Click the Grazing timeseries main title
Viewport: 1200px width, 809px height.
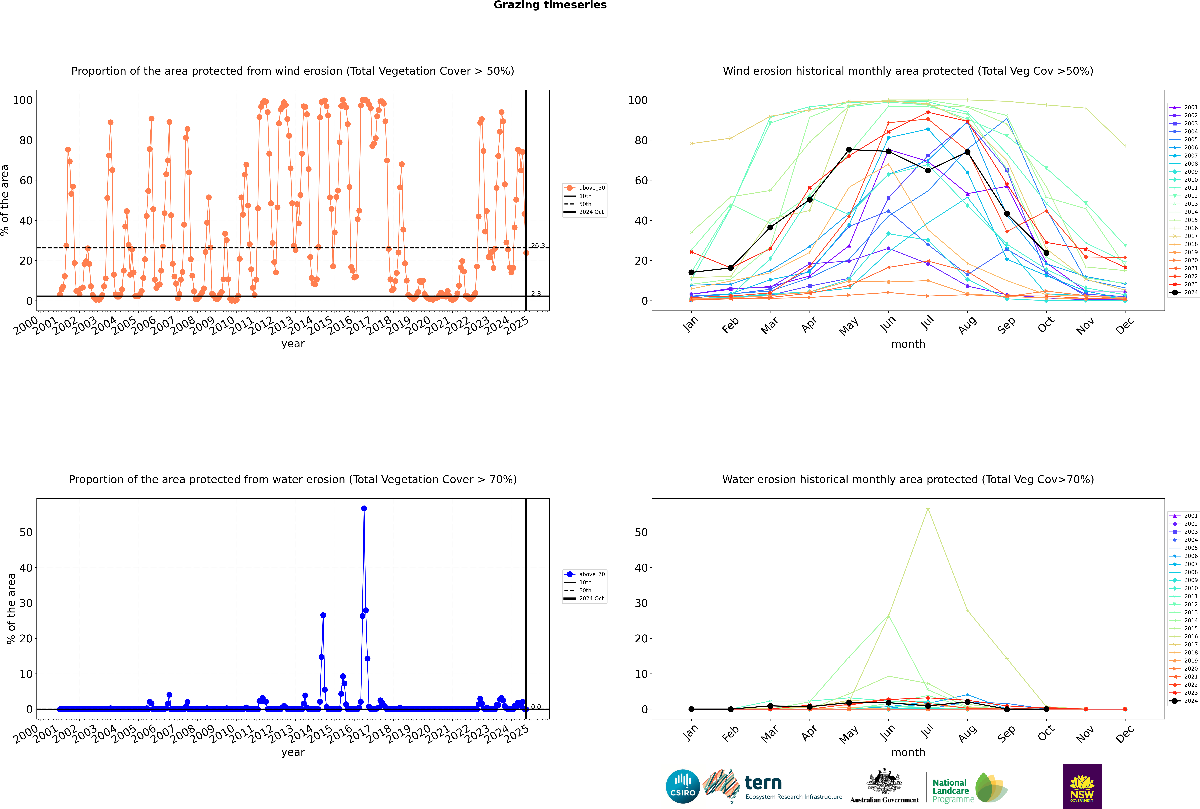click(x=550, y=5)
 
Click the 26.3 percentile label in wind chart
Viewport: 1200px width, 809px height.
click(x=538, y=246)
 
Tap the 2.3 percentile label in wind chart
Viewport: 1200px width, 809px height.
click(x=536, y=294)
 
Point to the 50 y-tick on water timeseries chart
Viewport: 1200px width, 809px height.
click(x=26, y=532)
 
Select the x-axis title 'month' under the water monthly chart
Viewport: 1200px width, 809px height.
click(x=908, y=752)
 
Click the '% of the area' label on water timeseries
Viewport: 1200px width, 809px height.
click(x=11, y=609)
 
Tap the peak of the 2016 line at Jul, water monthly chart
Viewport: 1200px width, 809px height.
click(x=928, y=509)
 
